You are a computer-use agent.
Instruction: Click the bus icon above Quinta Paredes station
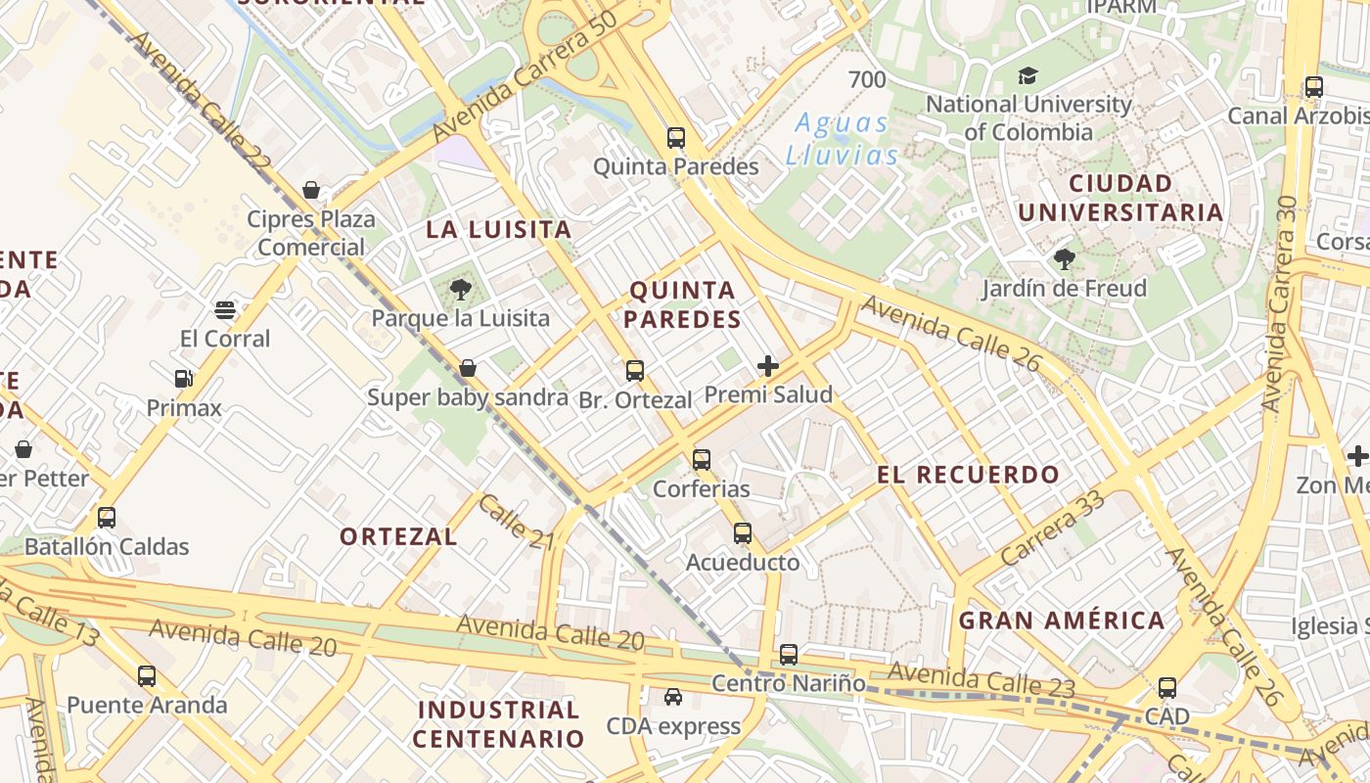click(x=676, y=138)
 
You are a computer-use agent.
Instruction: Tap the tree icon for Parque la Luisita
click(x=460, y=290)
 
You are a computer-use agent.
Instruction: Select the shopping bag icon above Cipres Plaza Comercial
click(x=311, y=190)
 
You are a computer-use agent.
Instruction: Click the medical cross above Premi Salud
click(x=768, y=367)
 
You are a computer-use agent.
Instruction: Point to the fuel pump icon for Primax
click(x=183, y=379)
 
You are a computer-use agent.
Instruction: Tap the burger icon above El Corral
click(x=225, y=310)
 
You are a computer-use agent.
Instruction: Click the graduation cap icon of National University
click(x=1027, y=75)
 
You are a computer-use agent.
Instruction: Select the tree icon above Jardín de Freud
click(x=1064, y=259)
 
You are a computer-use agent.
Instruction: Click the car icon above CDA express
click(x=673, y=697)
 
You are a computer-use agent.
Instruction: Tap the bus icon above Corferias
click(x=702, y=460)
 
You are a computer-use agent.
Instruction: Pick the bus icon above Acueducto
click(x=743, y=533)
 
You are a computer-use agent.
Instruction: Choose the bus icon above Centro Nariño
click(x=789, y=655)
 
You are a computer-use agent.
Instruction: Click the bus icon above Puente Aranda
click(x=147, y=675)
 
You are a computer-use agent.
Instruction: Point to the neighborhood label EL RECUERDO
click(x=968, y=476)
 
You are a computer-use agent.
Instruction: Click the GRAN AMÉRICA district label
click(x=1062, y=621)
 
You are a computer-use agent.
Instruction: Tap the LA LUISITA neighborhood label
click(x=498, y=230)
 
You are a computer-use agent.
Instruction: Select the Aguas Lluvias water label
click(x=842, y=139)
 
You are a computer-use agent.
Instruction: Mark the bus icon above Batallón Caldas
click(x=107, y=518)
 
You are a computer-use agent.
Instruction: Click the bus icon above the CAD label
click(x=1167, y=688)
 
